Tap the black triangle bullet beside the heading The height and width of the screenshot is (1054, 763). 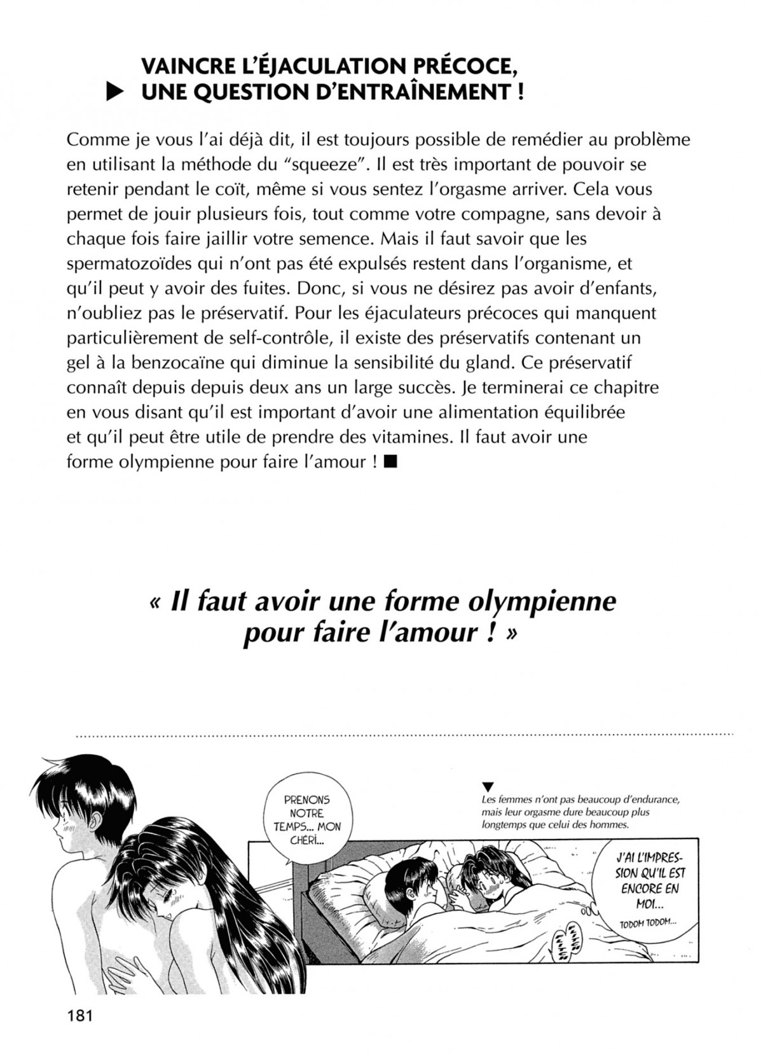(114, 94)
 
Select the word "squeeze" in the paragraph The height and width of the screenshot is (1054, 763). (326, 165)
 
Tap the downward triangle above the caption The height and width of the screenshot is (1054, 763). (488, 786)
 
